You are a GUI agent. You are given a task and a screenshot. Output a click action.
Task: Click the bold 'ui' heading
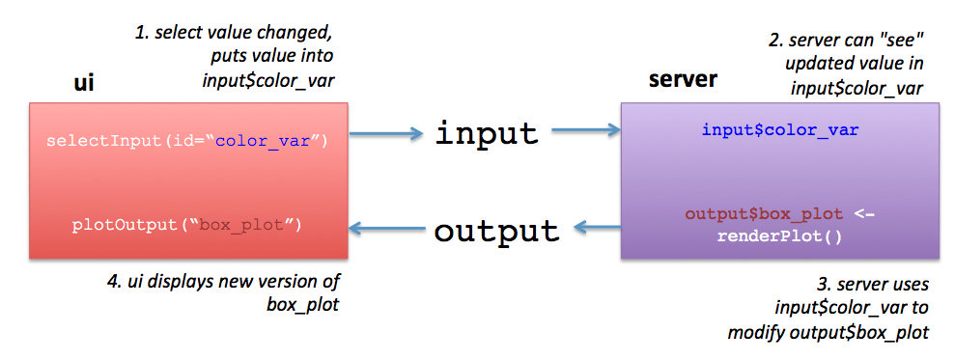click(x=84, y=82)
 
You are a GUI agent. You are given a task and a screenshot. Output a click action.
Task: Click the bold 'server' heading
click(x=683, y=79)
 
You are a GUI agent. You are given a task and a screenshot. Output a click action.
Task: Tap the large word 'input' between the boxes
click(x=487, y=133)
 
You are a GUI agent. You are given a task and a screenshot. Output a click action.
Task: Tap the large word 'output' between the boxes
click(x=496, y=231)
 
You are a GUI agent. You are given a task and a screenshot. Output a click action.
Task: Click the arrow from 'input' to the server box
click(x=586, y=129)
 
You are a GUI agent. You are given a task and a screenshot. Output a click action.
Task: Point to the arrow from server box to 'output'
click(x=598, y=228)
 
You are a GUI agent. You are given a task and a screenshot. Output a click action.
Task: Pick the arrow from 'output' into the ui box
click(x=387, y=229)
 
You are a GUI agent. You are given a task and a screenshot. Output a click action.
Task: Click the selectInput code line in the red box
click(x=187, y=142)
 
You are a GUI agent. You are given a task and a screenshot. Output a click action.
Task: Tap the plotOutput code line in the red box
click(x=187, y=225)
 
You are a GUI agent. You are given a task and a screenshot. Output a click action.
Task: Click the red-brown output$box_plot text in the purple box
click(x=765, y=214)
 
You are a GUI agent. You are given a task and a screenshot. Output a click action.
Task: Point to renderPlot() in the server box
click(x=779, y=235)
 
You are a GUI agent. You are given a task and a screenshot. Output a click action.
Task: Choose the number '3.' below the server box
click(x=825, y=285)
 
